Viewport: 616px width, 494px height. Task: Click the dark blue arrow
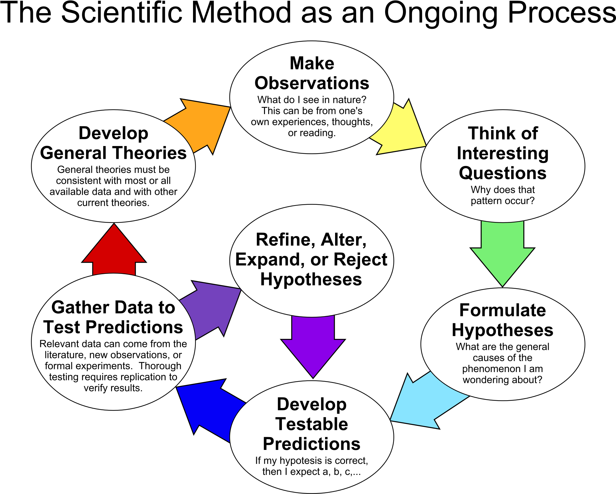210,406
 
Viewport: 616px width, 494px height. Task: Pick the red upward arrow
114,250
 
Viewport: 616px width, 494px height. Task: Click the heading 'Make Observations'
312,73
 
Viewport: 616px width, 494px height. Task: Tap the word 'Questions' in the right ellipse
503,173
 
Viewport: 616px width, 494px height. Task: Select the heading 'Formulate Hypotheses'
502,320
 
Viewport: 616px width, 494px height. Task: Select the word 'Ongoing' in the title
440,14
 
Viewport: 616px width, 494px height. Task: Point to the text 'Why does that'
503,189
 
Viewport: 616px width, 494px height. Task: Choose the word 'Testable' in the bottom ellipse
312,424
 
